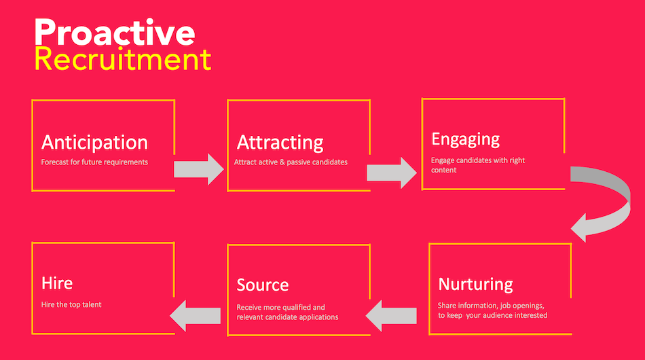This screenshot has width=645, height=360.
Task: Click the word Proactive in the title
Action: [114, 32]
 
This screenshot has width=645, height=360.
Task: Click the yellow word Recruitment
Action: [123, 59]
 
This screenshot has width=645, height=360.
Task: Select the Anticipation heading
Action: [94, 143]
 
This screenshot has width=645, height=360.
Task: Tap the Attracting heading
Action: [280, 143]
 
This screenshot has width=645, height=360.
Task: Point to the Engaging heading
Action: [466, 140]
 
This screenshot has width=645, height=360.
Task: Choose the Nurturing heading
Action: [475, 285]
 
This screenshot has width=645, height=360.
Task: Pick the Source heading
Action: [263, 285]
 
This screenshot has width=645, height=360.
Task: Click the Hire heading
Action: [57, 283]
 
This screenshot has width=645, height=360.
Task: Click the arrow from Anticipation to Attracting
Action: [199, 169]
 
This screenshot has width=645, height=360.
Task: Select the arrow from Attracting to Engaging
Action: [391, 173]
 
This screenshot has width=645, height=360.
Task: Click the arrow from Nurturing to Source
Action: [391, 316]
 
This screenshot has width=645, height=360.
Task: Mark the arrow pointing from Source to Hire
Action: [195, 316]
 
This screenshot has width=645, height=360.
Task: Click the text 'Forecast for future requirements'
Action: [94, 162]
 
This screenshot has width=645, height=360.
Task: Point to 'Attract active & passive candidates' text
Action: [291, 162]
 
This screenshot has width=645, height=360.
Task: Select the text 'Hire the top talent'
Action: [71, 304]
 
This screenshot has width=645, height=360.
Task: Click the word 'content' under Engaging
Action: [443, 170]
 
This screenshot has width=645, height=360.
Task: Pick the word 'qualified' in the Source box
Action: [295, 307]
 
